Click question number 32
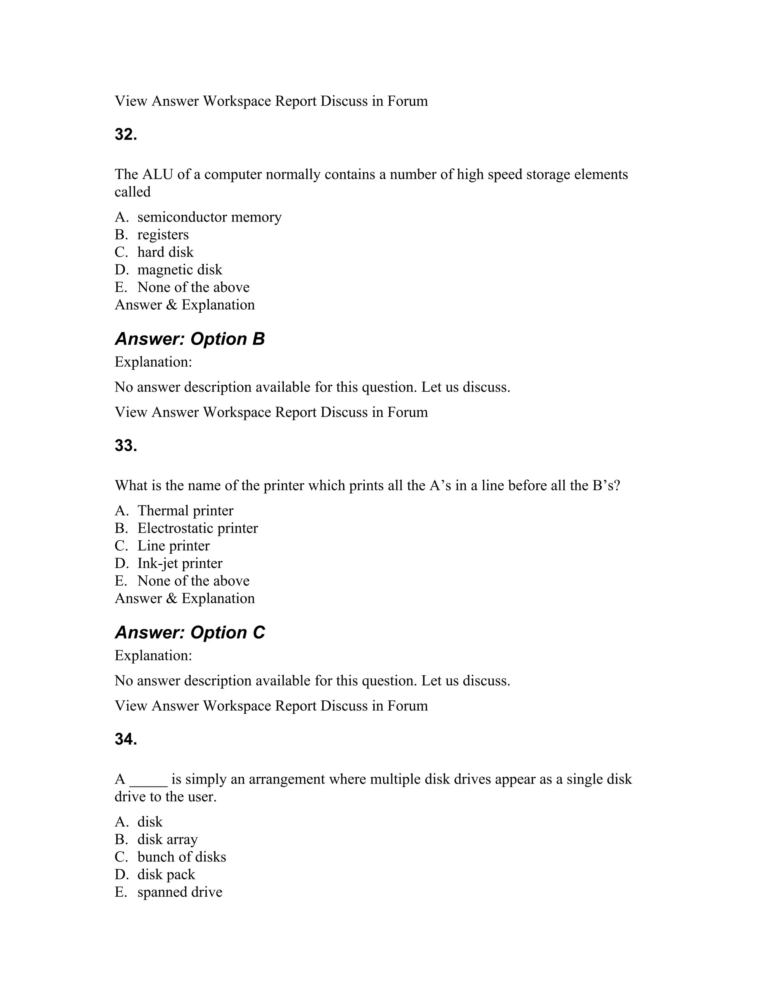126,135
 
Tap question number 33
126,446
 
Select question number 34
126,739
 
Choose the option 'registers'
163,235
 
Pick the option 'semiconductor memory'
209,217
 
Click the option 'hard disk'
165,252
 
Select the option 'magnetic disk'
179,270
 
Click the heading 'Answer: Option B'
190,339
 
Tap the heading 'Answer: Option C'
190,633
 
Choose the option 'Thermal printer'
185,511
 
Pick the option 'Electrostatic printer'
197,529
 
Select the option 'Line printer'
173,546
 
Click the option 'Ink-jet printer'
179,564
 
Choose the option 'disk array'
167,840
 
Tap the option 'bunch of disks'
182,857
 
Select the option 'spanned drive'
179,892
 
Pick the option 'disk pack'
166,875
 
